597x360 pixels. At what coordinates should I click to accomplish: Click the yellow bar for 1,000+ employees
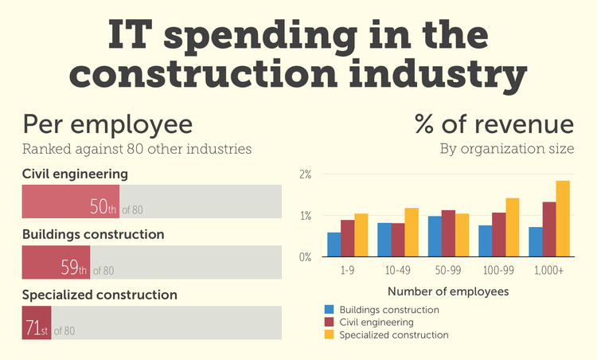[563, 219]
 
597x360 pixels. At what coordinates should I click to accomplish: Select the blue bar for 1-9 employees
[334, 245]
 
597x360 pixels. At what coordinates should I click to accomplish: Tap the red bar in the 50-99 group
[448, 233]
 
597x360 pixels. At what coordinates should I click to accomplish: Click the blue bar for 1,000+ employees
[535, 242]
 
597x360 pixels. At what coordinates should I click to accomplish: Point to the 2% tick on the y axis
[305, 174]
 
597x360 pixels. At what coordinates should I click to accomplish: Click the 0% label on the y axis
[305, 257]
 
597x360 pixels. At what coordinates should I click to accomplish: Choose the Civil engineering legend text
[376, 323]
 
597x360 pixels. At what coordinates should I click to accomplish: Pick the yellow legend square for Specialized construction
[329, 335]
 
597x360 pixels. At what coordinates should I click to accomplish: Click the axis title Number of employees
[437, 292]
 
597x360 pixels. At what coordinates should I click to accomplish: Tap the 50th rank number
[103, 206]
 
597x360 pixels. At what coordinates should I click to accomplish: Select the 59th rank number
[74, 267]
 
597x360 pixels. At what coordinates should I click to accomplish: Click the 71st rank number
[37, 327]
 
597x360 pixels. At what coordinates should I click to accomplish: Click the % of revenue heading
[494, 125]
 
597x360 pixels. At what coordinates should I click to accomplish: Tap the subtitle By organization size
[506, 149]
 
